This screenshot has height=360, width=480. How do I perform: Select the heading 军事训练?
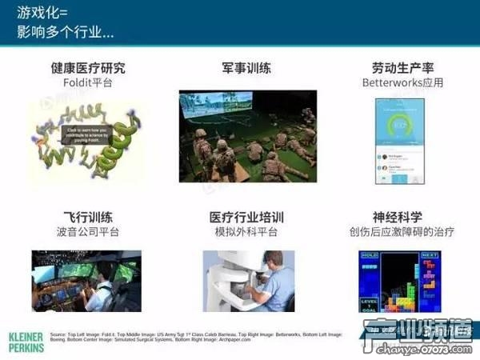tap(248, 68)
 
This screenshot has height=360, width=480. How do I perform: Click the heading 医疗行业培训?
tap(248, 218)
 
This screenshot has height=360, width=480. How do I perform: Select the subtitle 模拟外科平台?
tap(248, 232)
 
